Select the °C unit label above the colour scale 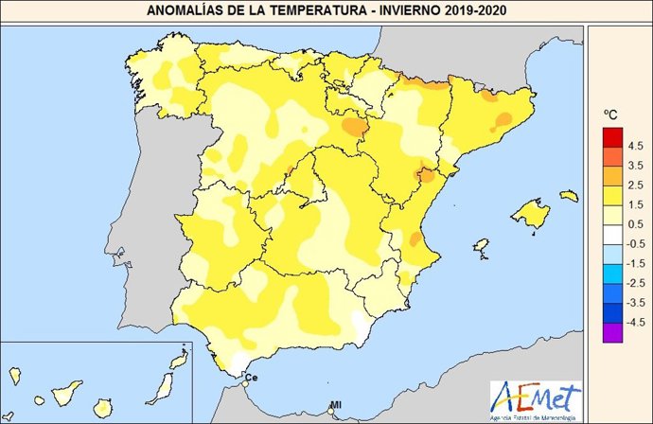[x=611, y=114]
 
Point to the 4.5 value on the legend [x=634, y=145]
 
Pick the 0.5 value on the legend [x=634, y=223]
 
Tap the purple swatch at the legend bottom [x=610, y=331]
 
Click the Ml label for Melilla [x=335, y=406]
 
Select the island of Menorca [x=569, y=196]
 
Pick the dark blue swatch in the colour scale [x=610, y=311]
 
